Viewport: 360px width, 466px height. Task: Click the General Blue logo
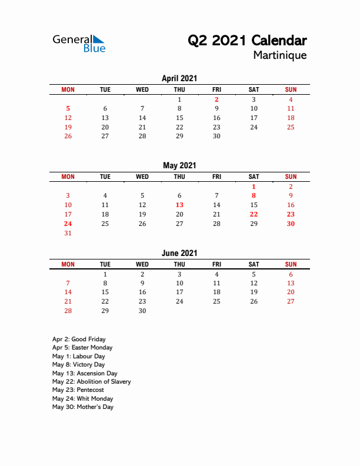79,44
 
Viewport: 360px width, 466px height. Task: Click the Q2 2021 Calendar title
247,41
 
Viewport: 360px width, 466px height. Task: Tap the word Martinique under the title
280,55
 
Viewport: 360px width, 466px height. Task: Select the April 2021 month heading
179,78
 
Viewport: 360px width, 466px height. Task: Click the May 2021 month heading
179,165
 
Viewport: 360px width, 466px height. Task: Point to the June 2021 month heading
179,253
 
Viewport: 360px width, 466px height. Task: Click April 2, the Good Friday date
216,99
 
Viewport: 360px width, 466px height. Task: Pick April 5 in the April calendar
68,108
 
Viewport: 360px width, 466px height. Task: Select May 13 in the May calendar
179,205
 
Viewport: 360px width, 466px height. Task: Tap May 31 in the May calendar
68,233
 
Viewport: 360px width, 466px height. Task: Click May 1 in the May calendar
254,187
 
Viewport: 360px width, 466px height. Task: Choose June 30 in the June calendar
142,311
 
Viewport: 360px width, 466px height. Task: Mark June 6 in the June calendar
291,274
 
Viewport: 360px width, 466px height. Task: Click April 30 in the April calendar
216,136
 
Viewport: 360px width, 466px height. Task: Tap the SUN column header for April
291,89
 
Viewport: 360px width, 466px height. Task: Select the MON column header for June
68,264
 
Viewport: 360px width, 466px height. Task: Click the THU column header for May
179,177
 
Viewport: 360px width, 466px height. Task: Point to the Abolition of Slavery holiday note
91,381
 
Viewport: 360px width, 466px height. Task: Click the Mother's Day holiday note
82,407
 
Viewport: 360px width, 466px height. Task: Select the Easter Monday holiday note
82,347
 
